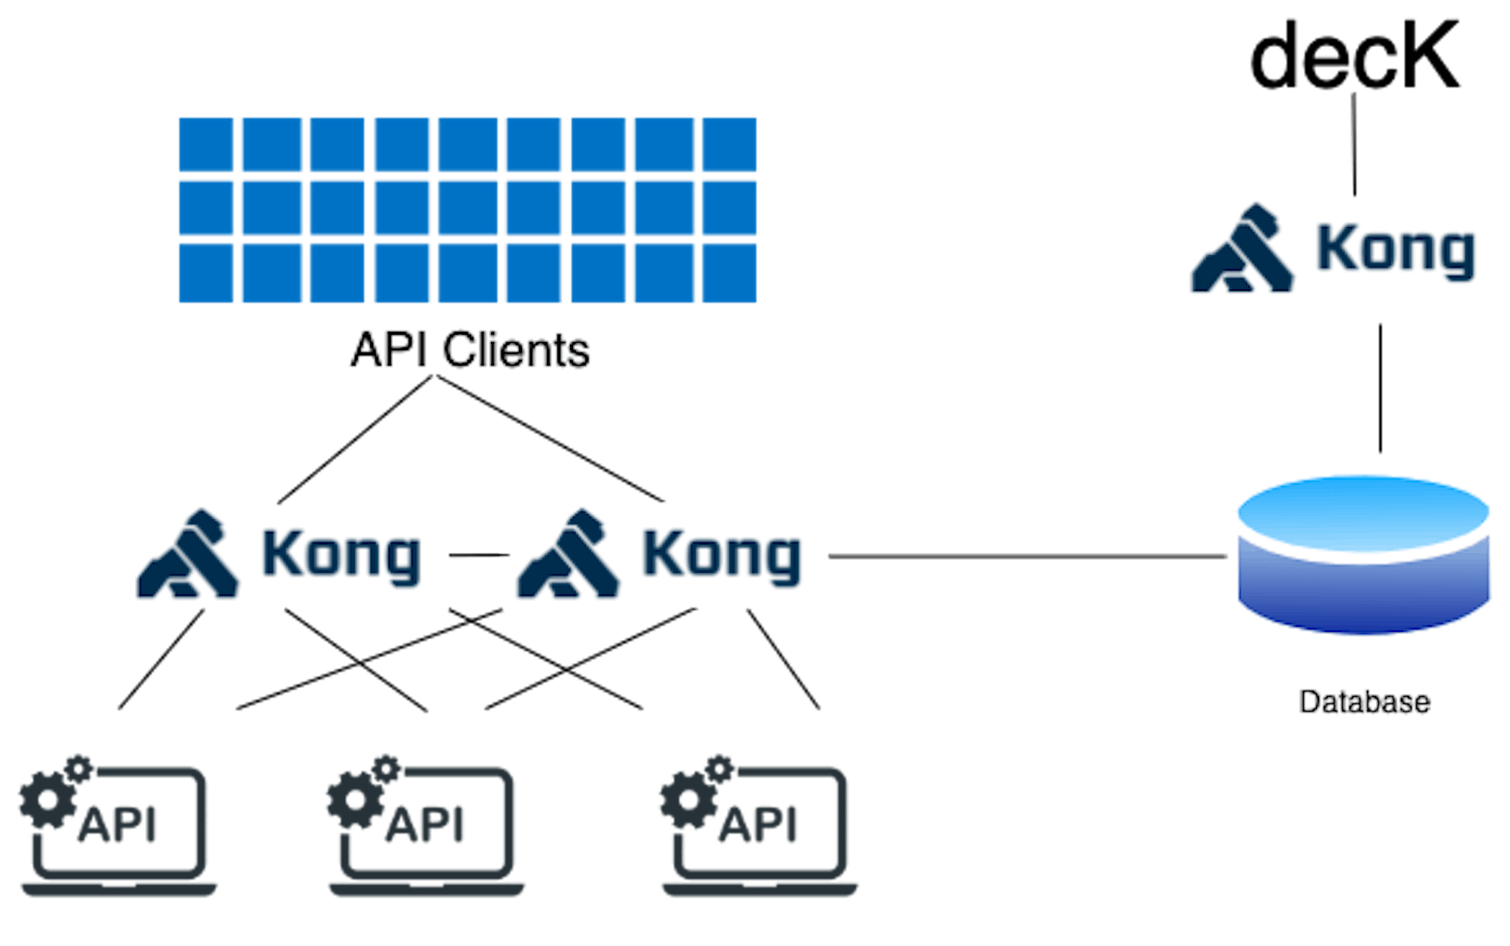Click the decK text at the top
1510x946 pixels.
click(1355, 55)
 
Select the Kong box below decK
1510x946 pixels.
click(1337, 248)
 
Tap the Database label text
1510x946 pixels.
click(1364, 702)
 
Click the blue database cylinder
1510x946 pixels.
click(1363, 557)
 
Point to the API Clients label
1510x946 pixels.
click(471, 349)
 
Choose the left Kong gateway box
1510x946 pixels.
click(284, 556)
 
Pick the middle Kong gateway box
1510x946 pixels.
click(664, 556)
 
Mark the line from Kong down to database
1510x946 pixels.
click(1380, 387)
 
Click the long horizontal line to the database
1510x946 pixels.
click(1025, 556)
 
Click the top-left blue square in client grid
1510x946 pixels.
click(206, 144)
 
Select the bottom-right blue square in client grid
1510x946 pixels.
click(729, 274)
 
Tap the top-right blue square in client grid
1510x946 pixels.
click(729, 144)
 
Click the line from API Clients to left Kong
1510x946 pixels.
click(354, 441)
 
